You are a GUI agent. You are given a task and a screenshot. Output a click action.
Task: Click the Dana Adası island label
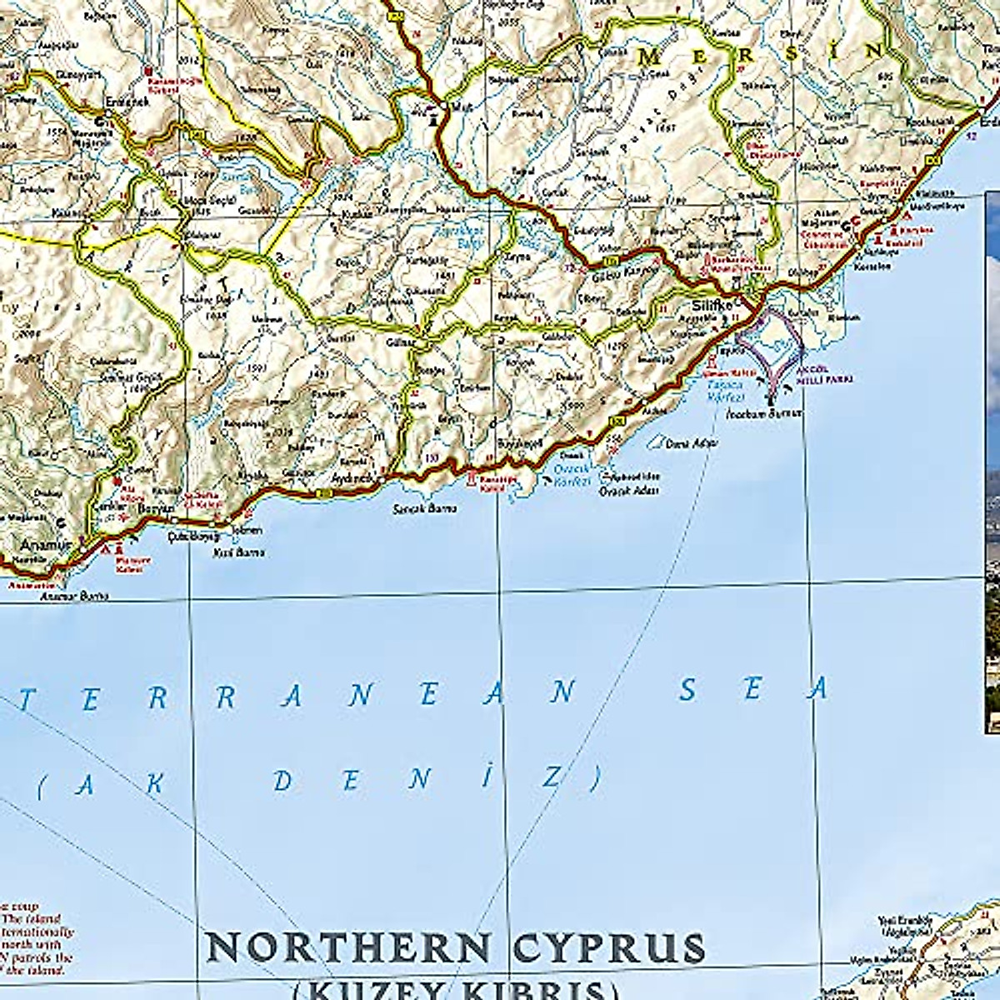[x=692, y=444]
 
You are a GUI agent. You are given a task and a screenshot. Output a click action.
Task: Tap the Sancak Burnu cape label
[x=424, y=508]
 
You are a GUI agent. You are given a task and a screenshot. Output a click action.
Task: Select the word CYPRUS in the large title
[x=608, y=948]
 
